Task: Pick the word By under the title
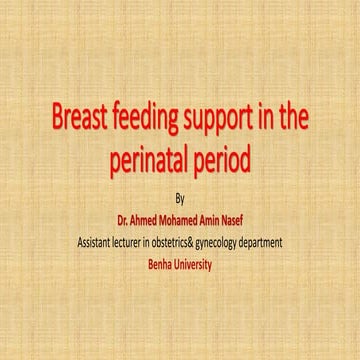180,198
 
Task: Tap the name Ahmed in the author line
149,214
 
